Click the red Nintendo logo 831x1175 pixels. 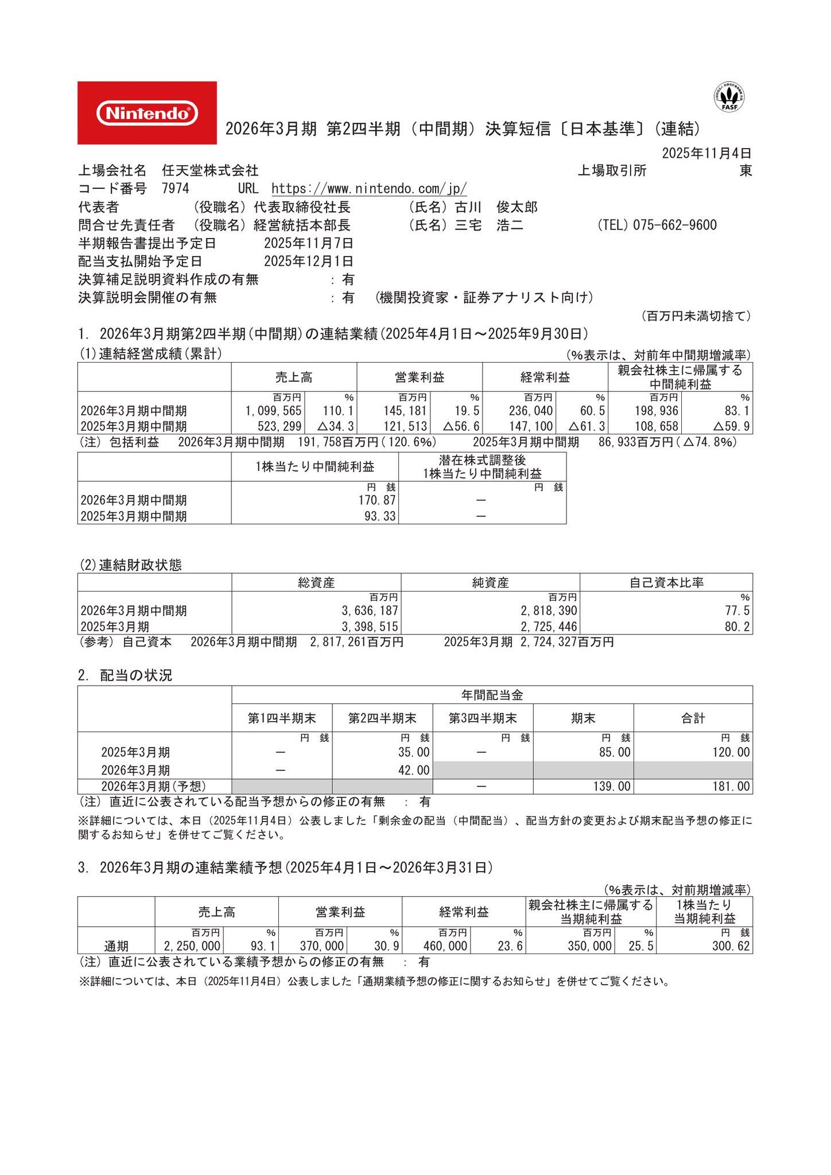(x=147, y=113)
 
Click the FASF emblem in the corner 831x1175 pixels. (x=729, y=97)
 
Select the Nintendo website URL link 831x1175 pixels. (x=368, y=189)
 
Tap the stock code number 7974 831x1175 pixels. (x=176, y=189)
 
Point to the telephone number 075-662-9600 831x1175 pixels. (x=674, y=225)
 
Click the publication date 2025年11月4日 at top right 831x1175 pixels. (x=706, y=153)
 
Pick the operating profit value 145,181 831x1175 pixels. (x=405, y=411)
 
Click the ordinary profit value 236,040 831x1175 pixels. (x=531, y=411)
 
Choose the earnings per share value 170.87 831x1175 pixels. (x=377, y=500)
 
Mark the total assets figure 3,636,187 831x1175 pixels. (x=370, y=611)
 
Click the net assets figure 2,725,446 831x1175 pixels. (x=549, y=627)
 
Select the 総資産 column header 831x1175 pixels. (x=316, y=583)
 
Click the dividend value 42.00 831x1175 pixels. (x=414, y=770)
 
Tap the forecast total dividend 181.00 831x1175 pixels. (x=731, y=787)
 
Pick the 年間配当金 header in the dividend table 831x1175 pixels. (x=492, y=695)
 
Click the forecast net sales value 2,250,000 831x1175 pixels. (x=192, y=946)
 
